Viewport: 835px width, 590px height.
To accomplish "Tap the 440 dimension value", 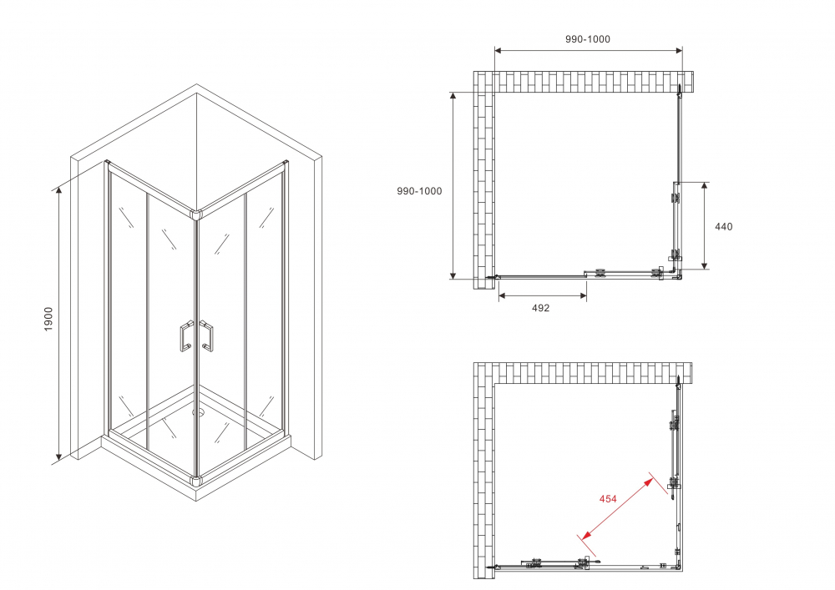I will pos(723,226).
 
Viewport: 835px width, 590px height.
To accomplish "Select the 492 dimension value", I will pos(541,308).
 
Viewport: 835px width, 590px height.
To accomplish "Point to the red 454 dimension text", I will pos(608,499).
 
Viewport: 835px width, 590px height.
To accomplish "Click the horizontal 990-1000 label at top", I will pos(588,39).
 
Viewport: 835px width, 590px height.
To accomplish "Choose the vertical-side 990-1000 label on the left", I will pos(419,191).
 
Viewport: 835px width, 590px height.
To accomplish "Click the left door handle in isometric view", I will pos(184,336).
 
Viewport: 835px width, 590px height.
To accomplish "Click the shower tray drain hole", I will pos(198,411).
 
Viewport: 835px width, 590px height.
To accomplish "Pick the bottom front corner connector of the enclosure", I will pos(197,481).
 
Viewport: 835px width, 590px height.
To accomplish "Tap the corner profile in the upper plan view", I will pos(676,273).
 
